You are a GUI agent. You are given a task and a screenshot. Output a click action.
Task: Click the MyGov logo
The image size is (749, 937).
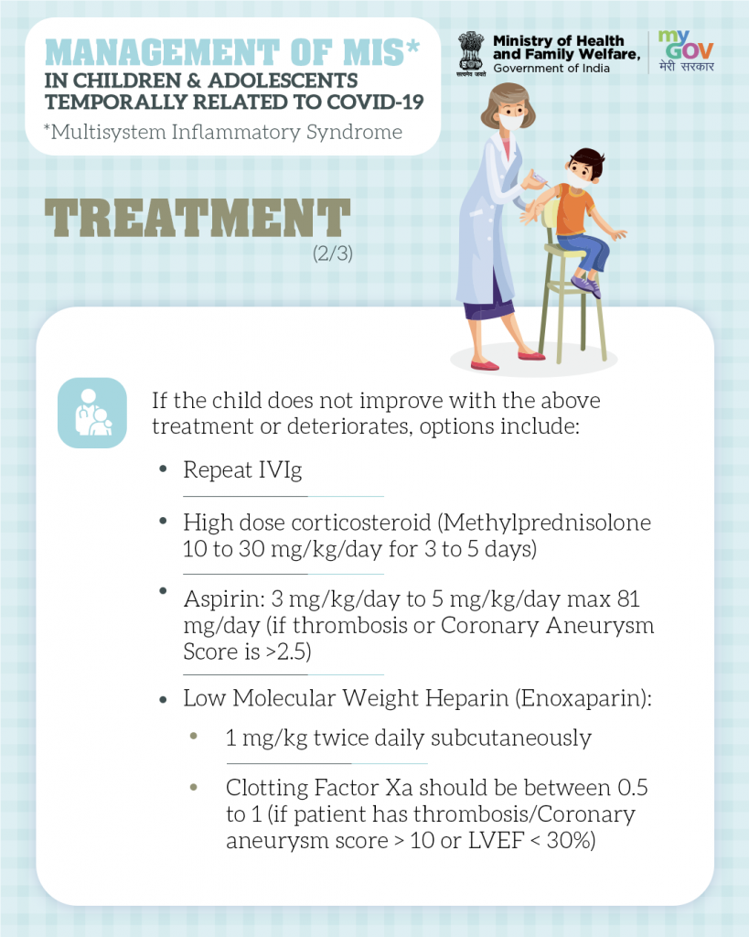click(686, 51)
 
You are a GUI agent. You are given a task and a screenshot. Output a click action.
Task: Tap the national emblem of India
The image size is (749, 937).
click(471, 52)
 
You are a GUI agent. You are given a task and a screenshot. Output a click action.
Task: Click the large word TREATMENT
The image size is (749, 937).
click(198, 218)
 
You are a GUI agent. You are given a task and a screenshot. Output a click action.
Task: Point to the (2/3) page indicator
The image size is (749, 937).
click(333, 253)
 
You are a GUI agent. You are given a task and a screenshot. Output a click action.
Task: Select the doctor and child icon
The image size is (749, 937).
click(92, 413)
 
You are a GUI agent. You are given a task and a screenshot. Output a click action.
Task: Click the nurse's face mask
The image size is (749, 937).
click(511, 122)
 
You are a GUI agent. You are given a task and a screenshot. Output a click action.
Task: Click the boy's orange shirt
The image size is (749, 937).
click(574, 210)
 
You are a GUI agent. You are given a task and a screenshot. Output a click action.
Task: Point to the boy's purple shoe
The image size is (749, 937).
click(586, 285)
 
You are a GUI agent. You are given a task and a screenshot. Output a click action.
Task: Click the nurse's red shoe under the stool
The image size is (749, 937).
click(531, 356)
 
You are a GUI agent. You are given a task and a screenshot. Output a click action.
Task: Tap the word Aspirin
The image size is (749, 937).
click(224, 599)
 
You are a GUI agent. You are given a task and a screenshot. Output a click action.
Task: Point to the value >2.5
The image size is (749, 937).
click(288, 652)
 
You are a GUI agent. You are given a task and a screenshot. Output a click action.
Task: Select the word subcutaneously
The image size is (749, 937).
click(511, 738)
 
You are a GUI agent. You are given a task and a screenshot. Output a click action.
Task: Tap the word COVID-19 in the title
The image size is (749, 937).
click(375, 102)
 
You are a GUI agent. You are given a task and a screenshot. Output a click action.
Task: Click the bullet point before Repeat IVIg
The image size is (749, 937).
click(163, 469)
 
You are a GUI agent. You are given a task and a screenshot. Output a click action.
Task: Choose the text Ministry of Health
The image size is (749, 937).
click(559, 40)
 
